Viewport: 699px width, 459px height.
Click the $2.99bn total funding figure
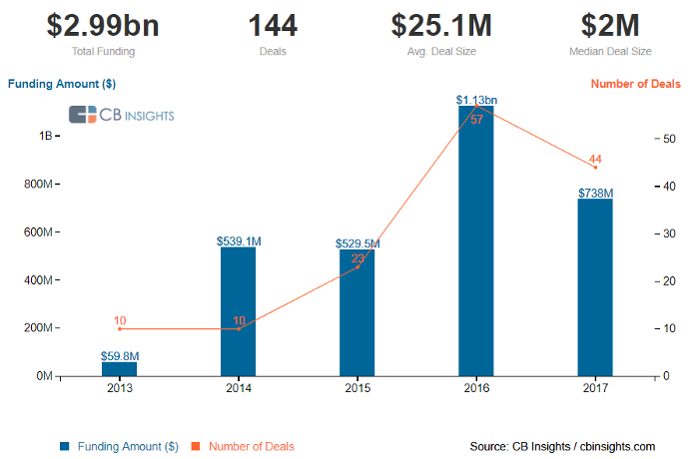pyautogui.click(x=89, y=24)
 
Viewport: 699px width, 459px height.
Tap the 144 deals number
pyautogui.click(x=266, y=24)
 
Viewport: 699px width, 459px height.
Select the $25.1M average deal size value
pyautogui.click(x=441, y=24)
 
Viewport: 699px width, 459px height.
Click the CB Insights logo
pyautogui.click(x=121, y=115)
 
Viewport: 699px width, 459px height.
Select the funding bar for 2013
pyautogui.click(x=120, y=368)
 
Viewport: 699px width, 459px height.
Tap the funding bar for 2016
pyautogui.click(x=476, y=240)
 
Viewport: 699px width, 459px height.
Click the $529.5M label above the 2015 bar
pyautogui.click(x=357, y=243)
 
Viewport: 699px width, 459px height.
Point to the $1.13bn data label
pyautogui.click(x=476, y=100)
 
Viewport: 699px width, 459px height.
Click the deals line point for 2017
pyautogui.click(x=595, y=168)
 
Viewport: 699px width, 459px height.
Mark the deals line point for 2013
pyautogui.click(x=120, y=328)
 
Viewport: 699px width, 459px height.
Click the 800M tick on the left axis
pyautogui.click(x=38, y=185)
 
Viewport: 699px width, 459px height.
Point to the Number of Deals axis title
pyautogui.click(x=636, y=84)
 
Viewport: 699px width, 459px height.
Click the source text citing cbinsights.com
pyautogui.click(x=562, y=446)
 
